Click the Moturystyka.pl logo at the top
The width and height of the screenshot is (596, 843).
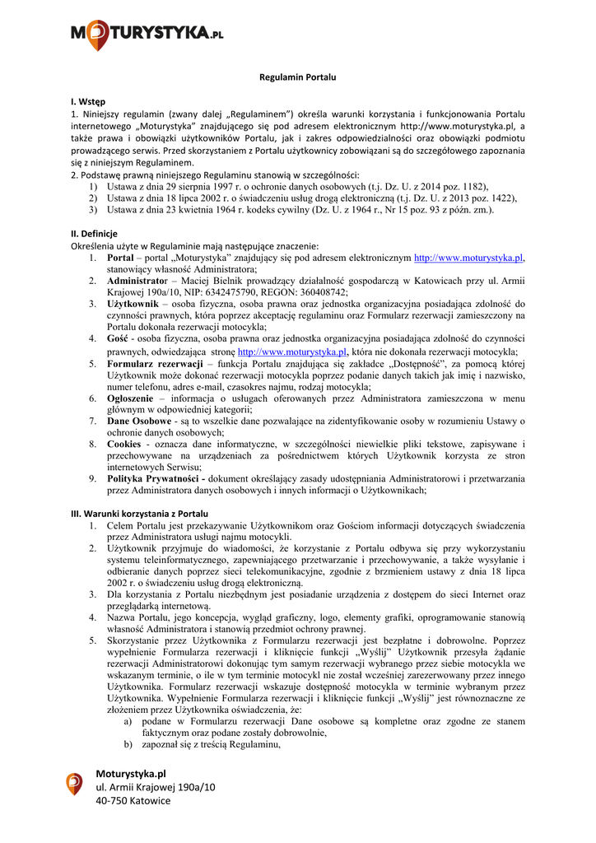pyautogui.click(x=147, y=34)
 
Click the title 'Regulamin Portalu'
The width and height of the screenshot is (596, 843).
pyautogui.click(x=297, y=77)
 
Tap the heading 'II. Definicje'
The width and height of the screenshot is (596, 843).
pyautogui.click(x=94, y=234)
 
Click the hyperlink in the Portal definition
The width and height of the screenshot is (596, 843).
pyautogui.click(x=468, y=258)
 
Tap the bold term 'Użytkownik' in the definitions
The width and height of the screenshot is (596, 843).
pyautogui.click(x=135, y=304)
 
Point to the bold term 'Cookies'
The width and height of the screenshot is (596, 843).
pyautogui.click(x=125, y=444)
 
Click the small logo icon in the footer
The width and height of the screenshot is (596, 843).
pyautogui.click(x=74, y=783)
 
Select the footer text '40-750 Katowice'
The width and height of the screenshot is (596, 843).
pyautogui.click(x=133, y=800)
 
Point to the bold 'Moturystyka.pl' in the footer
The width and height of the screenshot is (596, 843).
pyautogui.click(x=131, y=774)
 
